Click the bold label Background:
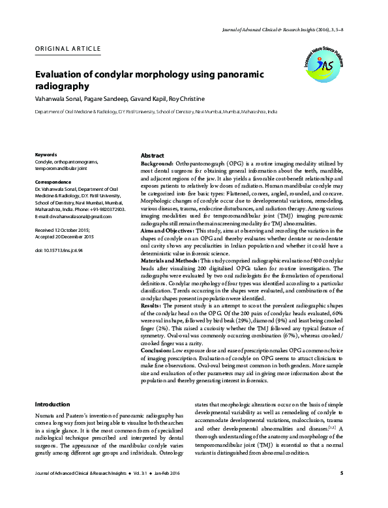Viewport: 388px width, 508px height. coord(157,163)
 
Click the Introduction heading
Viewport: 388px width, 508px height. coord(52,404)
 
